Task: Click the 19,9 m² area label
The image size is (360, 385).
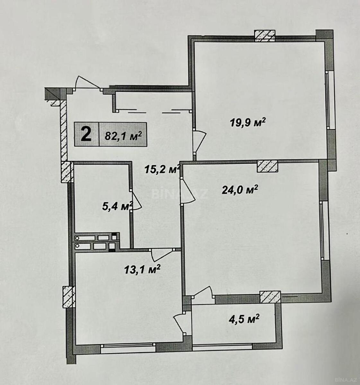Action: pyautogui.click(x=248, y=122)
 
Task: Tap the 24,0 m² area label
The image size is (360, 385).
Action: pyautogui.click(x=240, y=190)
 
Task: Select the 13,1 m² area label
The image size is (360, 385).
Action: pyautogui.click(x=142, y=269)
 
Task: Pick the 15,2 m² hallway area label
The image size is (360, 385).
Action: pyautogui.click(x=162, y=170)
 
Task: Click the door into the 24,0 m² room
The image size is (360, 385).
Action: pyautogui.click(x=187, y=191)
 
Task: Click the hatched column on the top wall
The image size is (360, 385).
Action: pyautogui.click(x=265, y=36)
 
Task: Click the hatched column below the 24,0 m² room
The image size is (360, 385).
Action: pyautogui.click(x=270, y=297)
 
